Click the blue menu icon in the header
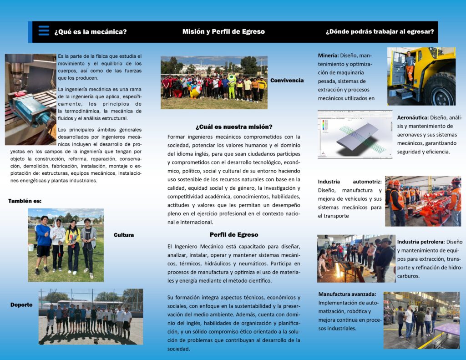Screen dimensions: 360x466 click(x=44, y=31)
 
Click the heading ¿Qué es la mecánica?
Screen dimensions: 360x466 click(x=91, y=32)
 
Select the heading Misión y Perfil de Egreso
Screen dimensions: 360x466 click(x=223, y=32)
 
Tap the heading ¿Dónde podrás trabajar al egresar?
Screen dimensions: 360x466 click(x=380, y=32)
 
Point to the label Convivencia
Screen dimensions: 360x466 click(x=287, y=81)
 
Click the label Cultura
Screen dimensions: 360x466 click(x=124, y=235)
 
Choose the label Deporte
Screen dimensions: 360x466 click(x=21, y=305)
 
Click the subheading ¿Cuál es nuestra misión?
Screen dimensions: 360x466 click(x=234, y=127)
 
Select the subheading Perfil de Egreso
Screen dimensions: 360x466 click(x=234, y=235)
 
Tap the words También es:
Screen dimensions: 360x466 click(x=25, y=201)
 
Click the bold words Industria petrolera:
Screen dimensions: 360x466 click(x=420, y=242)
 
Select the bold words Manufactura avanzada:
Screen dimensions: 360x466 click(x=347, y=294)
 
